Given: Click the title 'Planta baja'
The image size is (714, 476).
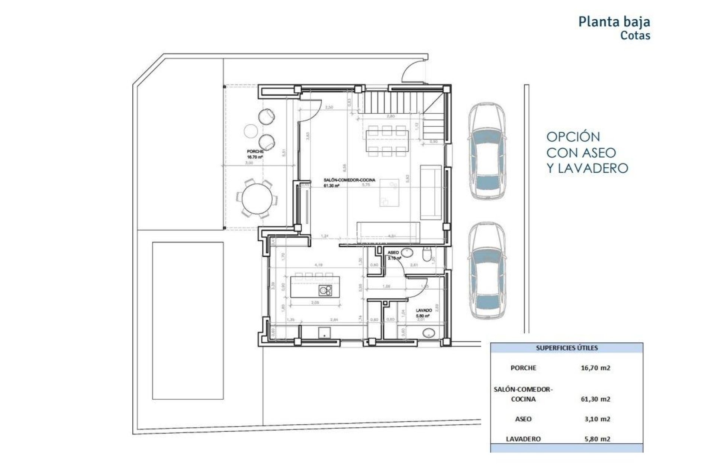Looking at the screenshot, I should click(614, 22).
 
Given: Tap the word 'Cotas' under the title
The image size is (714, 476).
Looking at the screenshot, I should click(635, 36).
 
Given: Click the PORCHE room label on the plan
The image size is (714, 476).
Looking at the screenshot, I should click(255, 152).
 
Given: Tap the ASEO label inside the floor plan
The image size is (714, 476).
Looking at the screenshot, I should click(393, 253).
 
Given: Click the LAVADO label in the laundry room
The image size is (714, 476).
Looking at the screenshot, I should click(424, 310).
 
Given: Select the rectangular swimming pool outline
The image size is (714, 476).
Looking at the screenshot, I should click(188, 320).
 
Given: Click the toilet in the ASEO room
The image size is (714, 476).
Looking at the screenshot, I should click(427, 255).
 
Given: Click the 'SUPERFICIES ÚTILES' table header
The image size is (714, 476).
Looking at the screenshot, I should click(566, 348).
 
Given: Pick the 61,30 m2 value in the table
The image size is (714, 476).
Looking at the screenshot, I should click(595, 399).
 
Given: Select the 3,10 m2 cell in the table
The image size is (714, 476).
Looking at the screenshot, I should click(597, 419).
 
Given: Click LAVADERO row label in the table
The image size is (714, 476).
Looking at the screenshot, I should click(523, 439).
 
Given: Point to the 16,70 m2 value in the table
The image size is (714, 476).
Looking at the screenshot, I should click(595, 368).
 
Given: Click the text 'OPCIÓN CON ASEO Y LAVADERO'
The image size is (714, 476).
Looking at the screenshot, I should click(587, 152).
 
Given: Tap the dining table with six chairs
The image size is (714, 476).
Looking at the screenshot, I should click(387, 141).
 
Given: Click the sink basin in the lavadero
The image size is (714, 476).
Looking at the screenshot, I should click(429, 333).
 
